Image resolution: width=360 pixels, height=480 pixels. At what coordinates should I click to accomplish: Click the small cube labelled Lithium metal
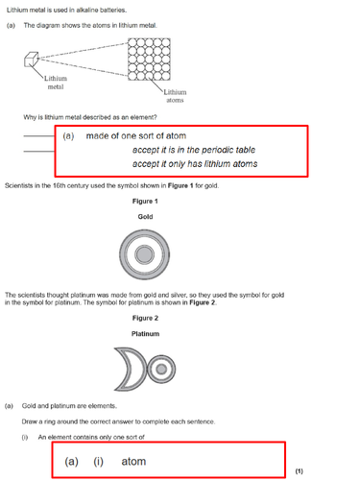(x=31, y=60)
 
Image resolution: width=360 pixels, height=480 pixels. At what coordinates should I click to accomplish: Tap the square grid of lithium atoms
(x=149, y=60)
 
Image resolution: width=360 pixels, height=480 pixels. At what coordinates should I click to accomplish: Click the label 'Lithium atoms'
(x=175, y=96)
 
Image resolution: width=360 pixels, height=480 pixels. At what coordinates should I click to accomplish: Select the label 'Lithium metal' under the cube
(x=56, y=83)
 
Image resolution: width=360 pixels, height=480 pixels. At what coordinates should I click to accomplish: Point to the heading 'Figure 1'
(x=145, y=202)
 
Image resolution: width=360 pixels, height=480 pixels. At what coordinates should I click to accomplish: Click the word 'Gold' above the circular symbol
(x=145, y=217)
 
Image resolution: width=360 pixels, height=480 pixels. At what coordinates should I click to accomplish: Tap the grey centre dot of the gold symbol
(x=144, y=254)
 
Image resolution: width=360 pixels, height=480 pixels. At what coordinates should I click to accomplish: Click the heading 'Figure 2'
(x=145, y=318)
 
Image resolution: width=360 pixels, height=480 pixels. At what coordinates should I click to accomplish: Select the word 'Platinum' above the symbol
(x=145, y=334)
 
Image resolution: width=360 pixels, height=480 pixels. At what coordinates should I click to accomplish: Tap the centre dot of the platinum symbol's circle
(x=161, y=370)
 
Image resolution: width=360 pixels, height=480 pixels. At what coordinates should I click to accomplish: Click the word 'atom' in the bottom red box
(x=133, y=462)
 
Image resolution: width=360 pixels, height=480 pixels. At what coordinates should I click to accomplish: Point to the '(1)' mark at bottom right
(x=300, y=471)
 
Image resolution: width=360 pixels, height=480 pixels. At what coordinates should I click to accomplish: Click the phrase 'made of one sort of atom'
(x=136, y=136)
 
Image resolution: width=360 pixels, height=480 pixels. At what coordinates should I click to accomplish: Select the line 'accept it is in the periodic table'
(x=194, y=150)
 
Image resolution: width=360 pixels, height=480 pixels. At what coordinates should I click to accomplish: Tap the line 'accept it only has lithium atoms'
(x=195, y=164)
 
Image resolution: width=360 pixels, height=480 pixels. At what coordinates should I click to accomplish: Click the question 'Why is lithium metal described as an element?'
(x=90, y=117)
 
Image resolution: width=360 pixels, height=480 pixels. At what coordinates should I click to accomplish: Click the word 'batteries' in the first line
(x=113, y=11)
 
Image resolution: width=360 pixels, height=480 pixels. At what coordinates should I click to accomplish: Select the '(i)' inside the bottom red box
(x=98, y=462)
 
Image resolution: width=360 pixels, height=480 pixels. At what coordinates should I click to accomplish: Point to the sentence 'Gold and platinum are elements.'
(x=69, y=406)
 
